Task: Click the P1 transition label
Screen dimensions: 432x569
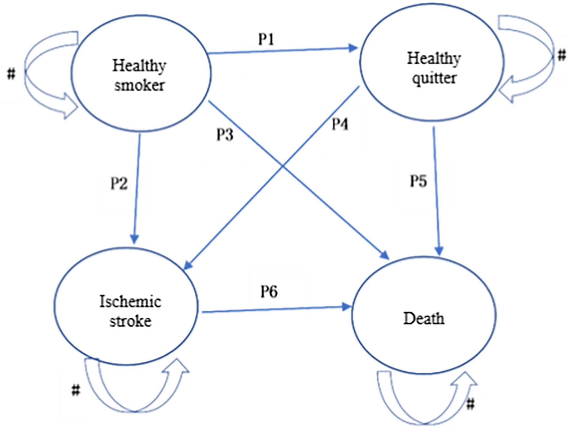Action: coord(266,39)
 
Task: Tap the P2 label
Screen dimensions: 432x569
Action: coord(119,183)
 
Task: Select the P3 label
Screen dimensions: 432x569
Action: coord(225,134)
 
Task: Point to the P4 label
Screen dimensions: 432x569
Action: coord(340,124)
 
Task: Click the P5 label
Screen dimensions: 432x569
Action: coord(418,181)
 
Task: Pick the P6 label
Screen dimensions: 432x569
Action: coord(269,292)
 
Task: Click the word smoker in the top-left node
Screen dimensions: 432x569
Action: coord(139,85)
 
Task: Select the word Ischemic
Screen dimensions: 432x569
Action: coord(130,301)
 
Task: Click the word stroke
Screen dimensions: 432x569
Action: coord(130,321)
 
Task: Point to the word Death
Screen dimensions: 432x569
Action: coord(424,318)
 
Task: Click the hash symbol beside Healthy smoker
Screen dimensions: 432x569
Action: coord(11,74)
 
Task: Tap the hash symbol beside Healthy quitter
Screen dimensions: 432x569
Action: coord(562,55)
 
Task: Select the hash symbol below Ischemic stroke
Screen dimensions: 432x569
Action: coord(75,390)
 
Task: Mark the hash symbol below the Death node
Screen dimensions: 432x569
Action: coord(470,404)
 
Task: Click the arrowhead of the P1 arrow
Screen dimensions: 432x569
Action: coord(353,48)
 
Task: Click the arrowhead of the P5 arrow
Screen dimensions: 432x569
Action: coord(439,250)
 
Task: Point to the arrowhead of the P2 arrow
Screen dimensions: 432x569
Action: coord(134,239)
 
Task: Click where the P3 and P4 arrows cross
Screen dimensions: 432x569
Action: coord(283,166)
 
